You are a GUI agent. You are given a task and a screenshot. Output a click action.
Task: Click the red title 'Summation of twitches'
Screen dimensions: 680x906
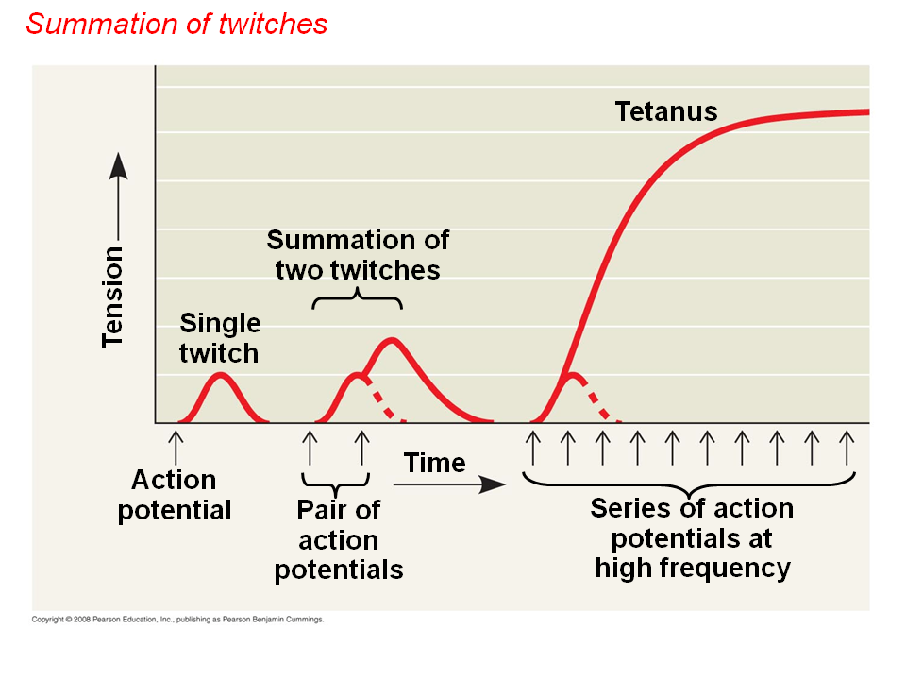[176, 24]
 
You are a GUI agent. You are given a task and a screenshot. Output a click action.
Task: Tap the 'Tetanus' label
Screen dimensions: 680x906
[666, 111]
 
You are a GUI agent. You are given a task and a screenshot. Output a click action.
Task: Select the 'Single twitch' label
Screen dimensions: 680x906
[220, 338]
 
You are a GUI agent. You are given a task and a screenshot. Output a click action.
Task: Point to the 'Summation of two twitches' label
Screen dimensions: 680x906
[358, 255]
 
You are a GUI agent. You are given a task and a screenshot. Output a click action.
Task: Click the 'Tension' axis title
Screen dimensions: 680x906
[113, 297]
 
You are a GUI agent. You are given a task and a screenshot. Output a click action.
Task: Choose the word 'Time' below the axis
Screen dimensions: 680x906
[434, 463]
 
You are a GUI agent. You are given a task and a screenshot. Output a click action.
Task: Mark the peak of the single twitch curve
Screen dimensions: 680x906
[220, 375]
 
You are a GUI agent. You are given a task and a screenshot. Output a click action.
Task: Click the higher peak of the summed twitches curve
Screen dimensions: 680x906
[392, 339]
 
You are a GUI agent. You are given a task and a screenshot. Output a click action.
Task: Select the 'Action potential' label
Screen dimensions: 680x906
[175, 495]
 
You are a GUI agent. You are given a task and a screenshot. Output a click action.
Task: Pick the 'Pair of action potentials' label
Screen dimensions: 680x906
[339, 540]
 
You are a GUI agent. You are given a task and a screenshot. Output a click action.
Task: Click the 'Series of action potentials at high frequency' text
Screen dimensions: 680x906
[692, 538]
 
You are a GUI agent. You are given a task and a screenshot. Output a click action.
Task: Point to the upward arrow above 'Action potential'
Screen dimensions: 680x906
[175, 446]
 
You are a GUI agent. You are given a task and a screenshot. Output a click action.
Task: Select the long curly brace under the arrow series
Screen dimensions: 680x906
[690, 483]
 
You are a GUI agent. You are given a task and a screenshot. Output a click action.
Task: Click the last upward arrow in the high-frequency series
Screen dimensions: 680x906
[847, 446]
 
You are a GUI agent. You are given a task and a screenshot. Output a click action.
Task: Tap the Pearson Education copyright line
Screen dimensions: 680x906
[178, 620]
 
